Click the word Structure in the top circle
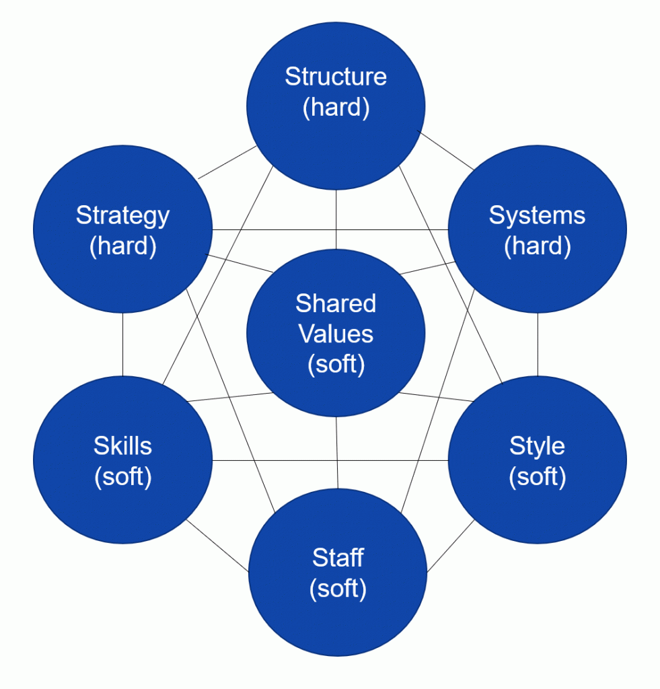(x=336, y=77)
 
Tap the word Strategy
(x=122, y=216)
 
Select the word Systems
(x=537, y=216)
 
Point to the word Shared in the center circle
(x=336, y=303)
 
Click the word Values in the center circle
(x=336, y=334)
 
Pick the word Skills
(x=122, y=445)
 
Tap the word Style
(x=537, y=445)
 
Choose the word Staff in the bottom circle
(x=338, y=558)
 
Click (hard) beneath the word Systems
(x=537, y=246)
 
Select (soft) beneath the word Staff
(x=338, y=589)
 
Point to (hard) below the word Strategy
(x=122, y=246)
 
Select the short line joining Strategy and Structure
(x=227, y=162)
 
